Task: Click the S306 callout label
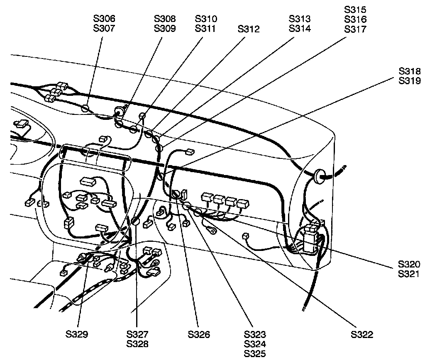[104, 19]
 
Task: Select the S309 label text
[165, 29]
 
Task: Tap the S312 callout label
[249, 29]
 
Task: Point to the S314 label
[300, 29]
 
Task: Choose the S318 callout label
[409, 71]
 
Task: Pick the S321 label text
[409, 274]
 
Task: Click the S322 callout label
[361, 335]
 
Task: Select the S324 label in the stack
[255, 344]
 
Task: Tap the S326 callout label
[198, 334]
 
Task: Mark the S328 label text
[138, 344]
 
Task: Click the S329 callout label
[77, 334]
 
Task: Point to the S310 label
[206, 19]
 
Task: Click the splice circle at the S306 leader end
[85, 109]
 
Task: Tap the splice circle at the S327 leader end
[136, 222]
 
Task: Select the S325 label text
[255, 353]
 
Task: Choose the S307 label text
[104, 29]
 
